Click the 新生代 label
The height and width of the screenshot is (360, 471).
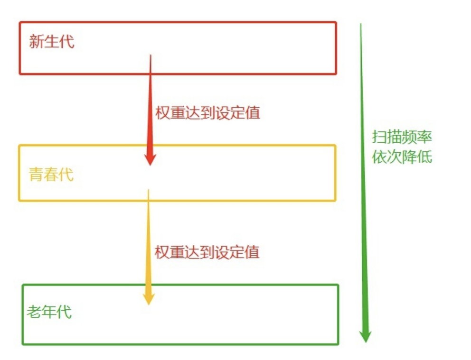click(51, 42)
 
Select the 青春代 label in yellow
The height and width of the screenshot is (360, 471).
click(51, 175)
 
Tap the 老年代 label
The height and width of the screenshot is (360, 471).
click(49, 313)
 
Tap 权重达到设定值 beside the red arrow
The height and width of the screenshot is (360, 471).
click(208, 113)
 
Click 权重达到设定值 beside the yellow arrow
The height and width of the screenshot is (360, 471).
click(207, 252)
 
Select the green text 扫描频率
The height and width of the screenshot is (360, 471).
click(402, 137)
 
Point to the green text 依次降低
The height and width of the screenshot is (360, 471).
click(402, 157)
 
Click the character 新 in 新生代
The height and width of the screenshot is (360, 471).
click(36, 42)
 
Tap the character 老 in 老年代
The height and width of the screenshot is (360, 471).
click(34, 313)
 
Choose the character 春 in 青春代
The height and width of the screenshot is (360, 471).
click(51, 175)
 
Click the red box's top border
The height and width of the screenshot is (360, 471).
click(178, 22)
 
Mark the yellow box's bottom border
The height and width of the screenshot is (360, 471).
click(178, 200)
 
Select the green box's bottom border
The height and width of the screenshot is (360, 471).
click(180, 344)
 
